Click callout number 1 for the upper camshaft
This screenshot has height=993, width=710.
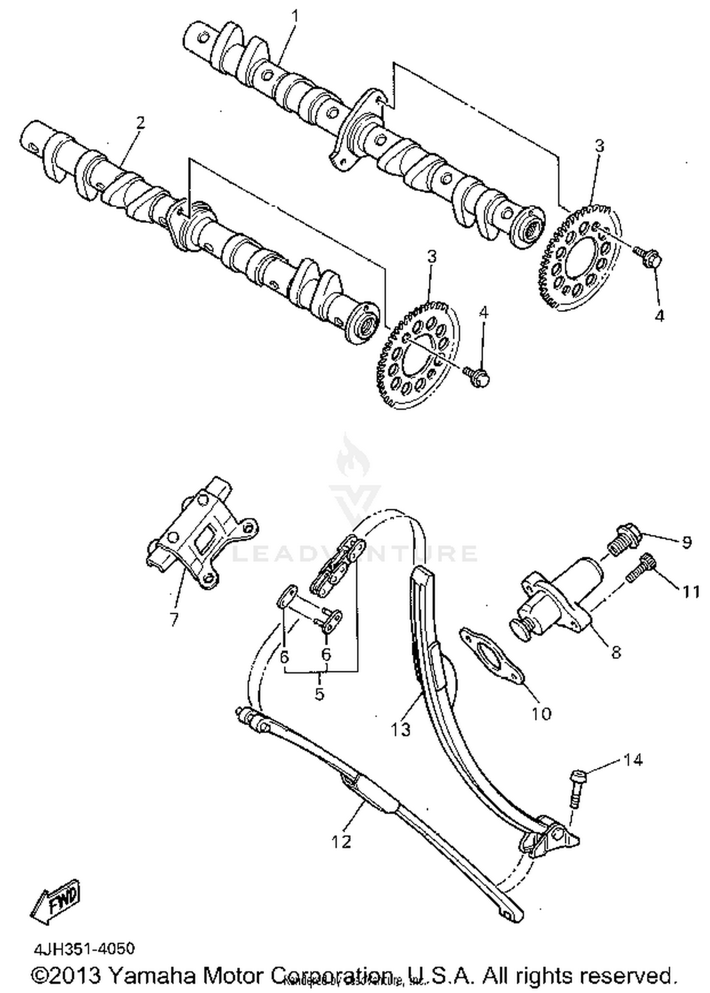(x=295, y=17)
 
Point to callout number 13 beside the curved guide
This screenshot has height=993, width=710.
(x=401, y=729)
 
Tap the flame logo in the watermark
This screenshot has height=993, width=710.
(x=350, y=457)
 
